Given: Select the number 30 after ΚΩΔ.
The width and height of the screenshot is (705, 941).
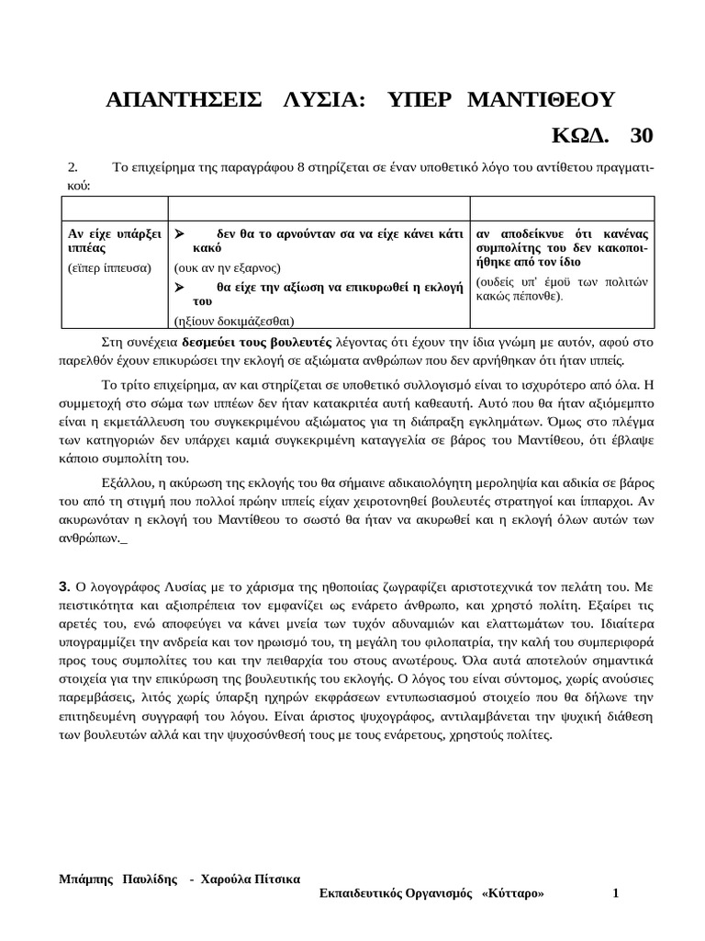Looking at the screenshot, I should point(642,135).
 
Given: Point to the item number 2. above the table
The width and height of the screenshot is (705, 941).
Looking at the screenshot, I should point(75,167).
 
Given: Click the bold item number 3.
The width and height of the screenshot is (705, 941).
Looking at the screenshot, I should point(64,585).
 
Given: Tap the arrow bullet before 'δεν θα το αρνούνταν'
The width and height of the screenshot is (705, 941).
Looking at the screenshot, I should point(181,233).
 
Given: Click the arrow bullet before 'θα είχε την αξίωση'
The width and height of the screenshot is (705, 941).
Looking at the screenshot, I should point(181,286).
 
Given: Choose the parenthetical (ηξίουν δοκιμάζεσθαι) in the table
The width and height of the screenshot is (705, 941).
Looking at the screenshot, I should point(234,321).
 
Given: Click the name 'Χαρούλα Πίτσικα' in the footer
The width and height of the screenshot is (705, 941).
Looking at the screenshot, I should point(249,879).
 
